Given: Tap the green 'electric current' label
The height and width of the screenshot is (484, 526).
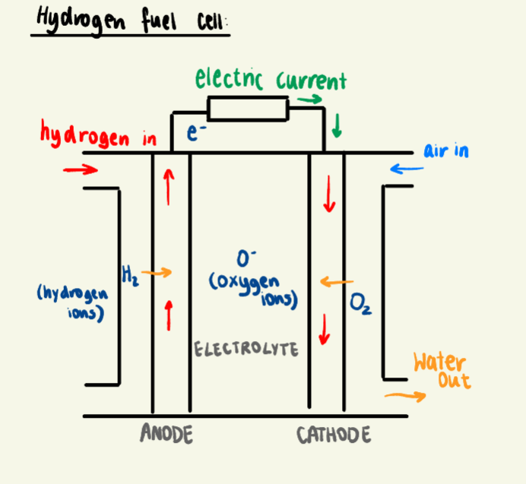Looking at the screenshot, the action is coord(270,79).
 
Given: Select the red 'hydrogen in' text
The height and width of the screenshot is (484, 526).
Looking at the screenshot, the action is coord(99,137).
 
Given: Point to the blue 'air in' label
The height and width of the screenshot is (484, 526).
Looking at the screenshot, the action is coord(446,150).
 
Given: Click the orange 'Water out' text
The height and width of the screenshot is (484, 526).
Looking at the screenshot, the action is coord(441,370).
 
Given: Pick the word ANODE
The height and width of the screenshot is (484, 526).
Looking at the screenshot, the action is coord(166,434).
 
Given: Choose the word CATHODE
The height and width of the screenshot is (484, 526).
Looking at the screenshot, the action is coord(334,435).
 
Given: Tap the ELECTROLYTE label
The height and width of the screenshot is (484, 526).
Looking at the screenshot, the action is coord(246,350).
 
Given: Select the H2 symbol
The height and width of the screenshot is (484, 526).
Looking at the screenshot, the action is coord(128,271).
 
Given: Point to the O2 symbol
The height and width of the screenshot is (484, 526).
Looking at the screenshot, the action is coord(360,305).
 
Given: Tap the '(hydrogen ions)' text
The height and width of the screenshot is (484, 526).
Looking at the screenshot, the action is coord(72,301).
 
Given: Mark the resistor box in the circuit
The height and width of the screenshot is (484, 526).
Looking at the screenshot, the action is coord(249,109).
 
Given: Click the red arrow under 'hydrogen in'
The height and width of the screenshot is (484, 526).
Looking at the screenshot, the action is coord(81,169).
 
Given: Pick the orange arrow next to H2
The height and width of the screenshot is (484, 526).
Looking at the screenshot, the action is coord(157,272).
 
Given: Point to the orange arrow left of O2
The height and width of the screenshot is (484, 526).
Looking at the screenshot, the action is coord(331,282).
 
